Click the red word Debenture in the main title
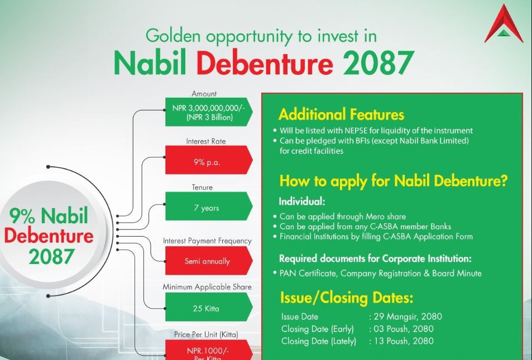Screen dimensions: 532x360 pos(265,63)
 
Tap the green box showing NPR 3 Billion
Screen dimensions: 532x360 pos(209,112)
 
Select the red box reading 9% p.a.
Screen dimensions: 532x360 pos(209,160)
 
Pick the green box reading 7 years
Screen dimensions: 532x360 pos(209,206)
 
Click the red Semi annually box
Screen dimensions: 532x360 pos(209,261)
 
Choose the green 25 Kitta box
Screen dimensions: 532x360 pos(209,307)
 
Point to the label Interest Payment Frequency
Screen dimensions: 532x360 pos(207,241)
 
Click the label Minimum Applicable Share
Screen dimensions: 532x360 pos(207,287)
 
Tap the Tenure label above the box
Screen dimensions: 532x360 pos(202,188)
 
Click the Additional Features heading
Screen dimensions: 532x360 pos(341,114)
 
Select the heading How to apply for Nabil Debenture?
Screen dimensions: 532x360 pos(393,181)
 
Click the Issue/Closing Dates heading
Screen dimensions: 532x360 pos(347,298)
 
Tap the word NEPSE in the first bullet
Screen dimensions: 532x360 pos(357,131)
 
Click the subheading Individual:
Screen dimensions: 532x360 pos(302,201)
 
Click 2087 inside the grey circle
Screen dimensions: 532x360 pos(51,257)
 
